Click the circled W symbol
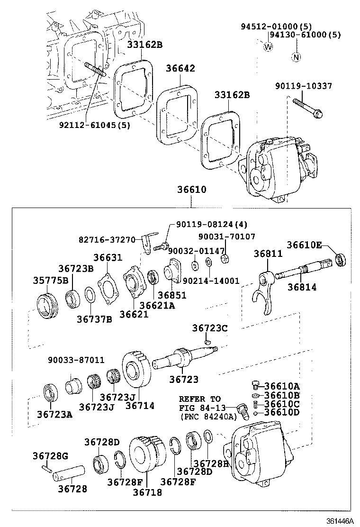[x=268, y=46]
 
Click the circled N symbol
[x=296, y=57]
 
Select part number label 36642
[x=180, y=68]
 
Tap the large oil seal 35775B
[x=47, y=304]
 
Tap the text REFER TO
[x=199, y=399]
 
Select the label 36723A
[x=54, y=415]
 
